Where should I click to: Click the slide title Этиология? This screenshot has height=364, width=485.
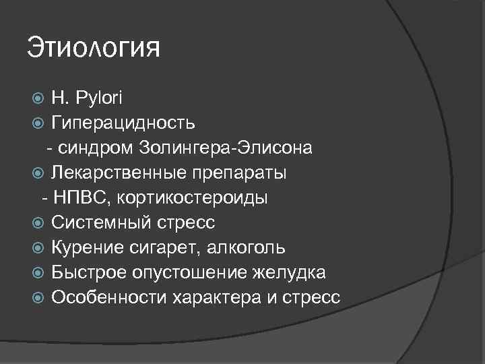tap(94, 49)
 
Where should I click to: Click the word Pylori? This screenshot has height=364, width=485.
tap(98, 98)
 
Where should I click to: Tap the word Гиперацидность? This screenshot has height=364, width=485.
tap(124, 123)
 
